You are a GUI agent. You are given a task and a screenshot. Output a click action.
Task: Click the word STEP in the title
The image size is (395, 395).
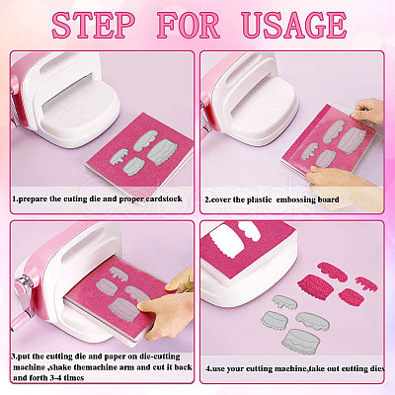(x=94, y=25)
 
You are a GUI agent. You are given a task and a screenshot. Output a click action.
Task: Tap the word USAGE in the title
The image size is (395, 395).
(x=293, y=25)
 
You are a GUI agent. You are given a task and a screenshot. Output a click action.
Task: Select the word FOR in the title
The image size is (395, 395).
(x=189, y=25)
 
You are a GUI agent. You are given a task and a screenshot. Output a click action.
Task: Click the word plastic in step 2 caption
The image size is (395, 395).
(x=260, y=199)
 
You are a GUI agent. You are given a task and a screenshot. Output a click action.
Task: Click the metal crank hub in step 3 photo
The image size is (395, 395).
(x=24, y=282)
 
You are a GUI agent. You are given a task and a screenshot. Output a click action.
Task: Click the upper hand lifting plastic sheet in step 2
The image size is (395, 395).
(x=367, y=112)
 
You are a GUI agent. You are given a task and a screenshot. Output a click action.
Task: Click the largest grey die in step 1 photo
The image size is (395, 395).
(x=162, y=152)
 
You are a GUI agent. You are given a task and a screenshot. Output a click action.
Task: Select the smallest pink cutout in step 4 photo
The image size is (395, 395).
(x=366, y=282)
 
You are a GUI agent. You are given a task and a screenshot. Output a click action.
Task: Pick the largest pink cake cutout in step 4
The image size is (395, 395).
(x=312, y=285)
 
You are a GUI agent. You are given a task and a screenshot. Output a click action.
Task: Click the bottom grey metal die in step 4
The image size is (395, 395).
(x=299, y=341)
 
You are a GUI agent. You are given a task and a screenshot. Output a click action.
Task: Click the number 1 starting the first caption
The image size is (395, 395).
(x=14, y=199)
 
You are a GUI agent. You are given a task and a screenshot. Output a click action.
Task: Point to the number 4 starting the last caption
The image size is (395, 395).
(x=208, y=368)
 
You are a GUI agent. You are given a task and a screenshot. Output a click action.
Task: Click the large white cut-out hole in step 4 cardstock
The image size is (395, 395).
(x=228, y=244)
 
